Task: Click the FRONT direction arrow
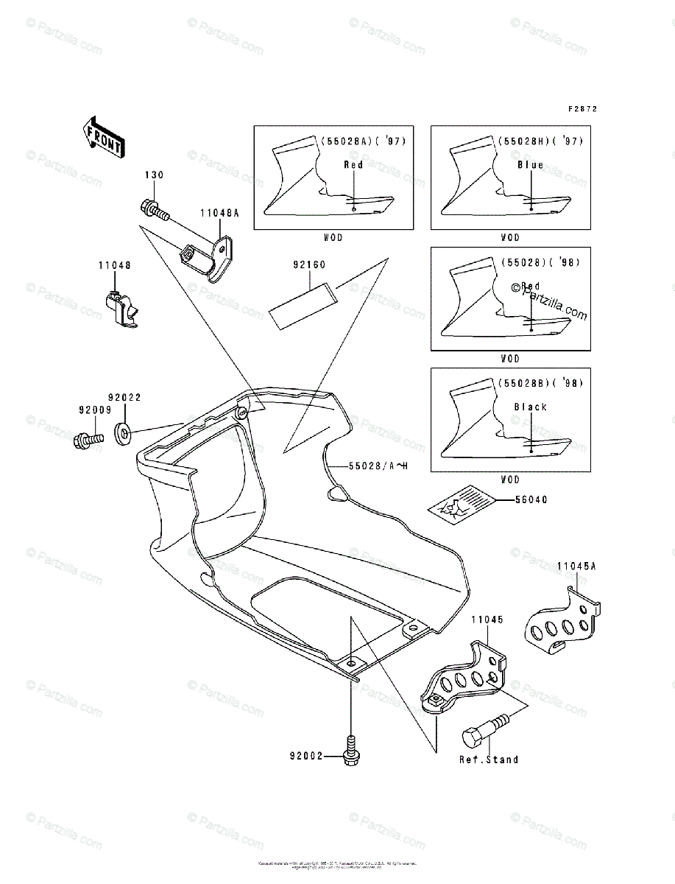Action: point(102,136)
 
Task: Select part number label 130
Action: point(154,175)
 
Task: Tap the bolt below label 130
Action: point(154,209)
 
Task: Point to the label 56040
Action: point(532,499)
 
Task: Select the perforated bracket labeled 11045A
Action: point(562,618)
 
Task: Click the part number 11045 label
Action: point(487,620)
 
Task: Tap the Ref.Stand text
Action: point(488,760)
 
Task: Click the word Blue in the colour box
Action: point(530,165)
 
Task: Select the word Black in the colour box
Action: point(530,407)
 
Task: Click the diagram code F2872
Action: point(582,109)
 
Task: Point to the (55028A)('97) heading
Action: point(362,140)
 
